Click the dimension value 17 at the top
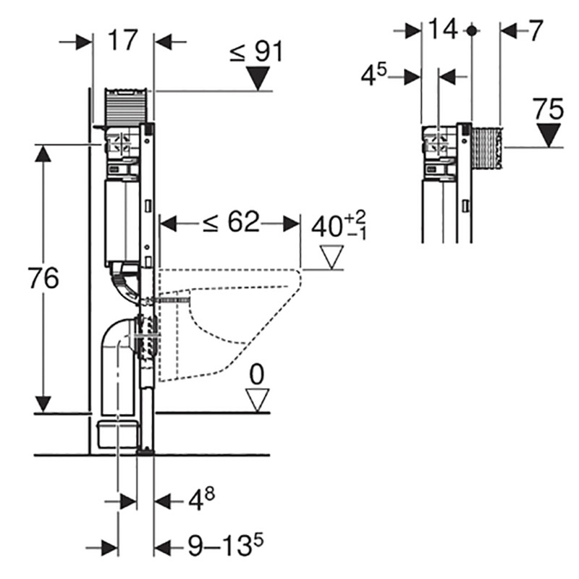point(124,40)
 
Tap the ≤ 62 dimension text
point(230,223)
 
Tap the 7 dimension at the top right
point(535,30)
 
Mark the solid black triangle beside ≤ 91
point(257,78)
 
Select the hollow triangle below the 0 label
point(256,399)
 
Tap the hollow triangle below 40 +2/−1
point(332,257)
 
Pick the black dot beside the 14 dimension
point(471,30)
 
